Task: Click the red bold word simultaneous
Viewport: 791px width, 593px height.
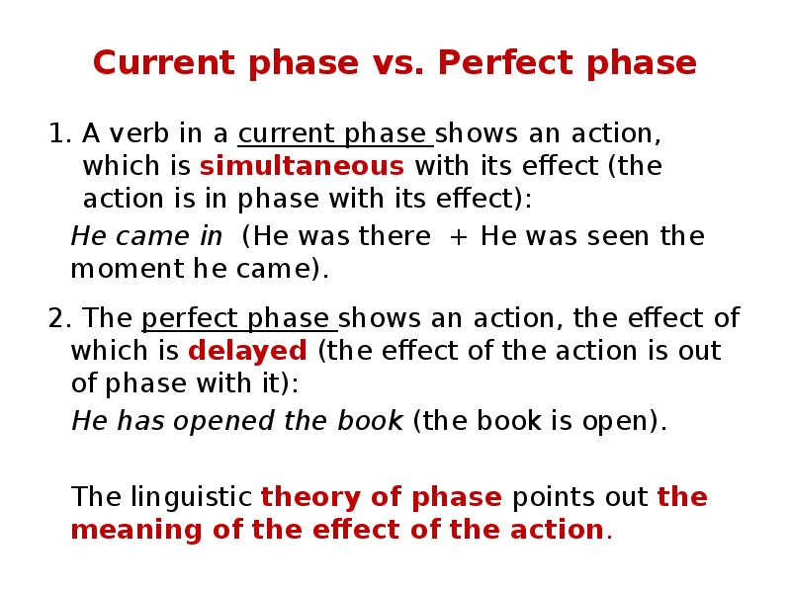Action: coord(302,165)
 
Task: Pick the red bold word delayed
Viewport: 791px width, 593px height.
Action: coord(247,351)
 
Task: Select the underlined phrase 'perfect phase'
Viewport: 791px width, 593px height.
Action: coord(239,319)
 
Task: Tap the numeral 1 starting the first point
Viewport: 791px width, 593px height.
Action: coord(55,133)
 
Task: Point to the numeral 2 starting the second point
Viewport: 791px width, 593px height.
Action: coord(55,319)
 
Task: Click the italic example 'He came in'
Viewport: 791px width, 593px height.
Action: coord(146,237)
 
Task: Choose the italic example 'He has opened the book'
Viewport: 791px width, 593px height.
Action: coord(237,422)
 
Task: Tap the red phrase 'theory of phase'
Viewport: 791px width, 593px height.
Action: coord(382,497)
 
